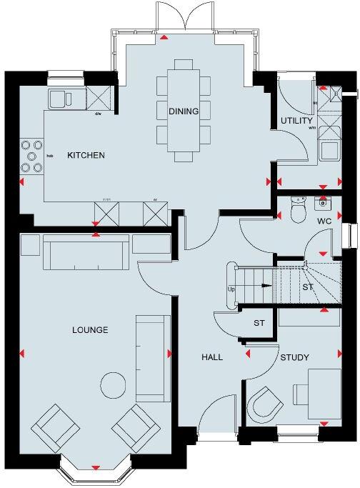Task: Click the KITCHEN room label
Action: coord(86,155)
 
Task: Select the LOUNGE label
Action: coord(90,330)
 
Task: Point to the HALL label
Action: coord(212,357)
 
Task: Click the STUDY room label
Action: coord(294,357)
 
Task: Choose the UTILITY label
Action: coord(294,120)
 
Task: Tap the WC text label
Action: coord(324,221)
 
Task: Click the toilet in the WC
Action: coord(299,209)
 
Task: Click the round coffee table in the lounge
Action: coord(111,385)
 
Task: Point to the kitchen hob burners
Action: coord(31,155)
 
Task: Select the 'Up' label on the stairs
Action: coord(231,289)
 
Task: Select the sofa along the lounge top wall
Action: coord(86,252)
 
